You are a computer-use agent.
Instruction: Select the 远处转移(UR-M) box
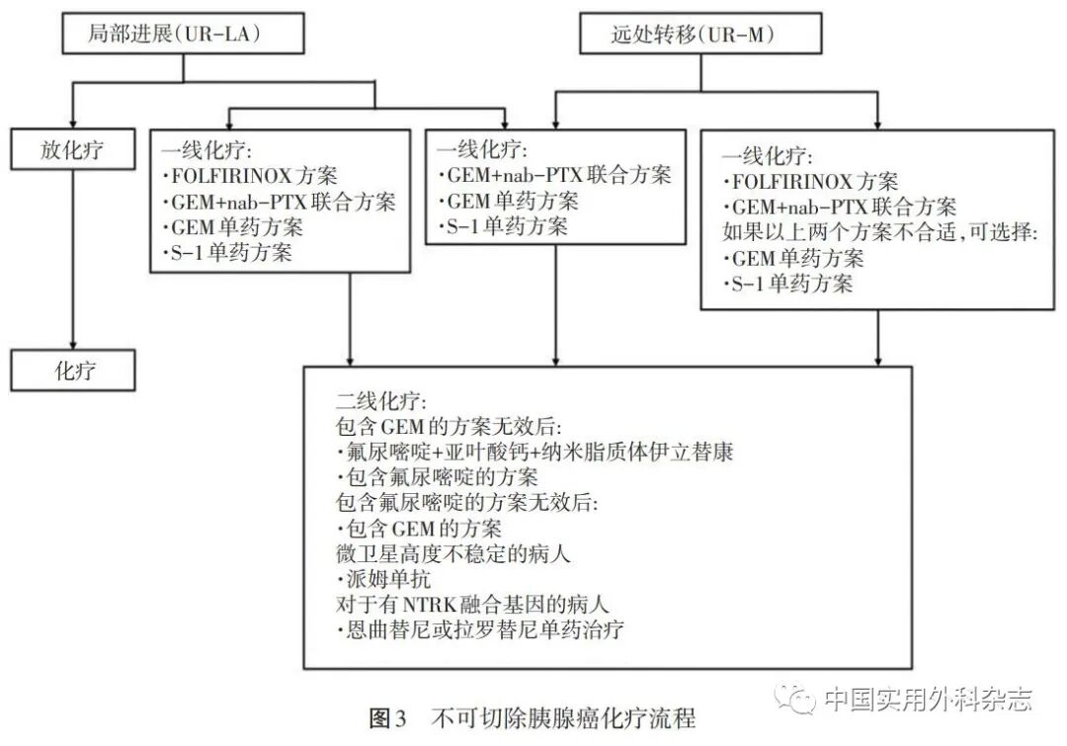tap(691, 35)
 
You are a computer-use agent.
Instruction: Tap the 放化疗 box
tap(72, 150)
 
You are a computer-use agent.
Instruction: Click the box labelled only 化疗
tap(72, 372)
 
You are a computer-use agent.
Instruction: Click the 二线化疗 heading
tap(381, 402)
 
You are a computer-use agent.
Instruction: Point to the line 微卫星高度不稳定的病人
tap(453, 553)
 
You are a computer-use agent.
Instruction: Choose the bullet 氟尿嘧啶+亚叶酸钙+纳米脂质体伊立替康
tap(538, 452)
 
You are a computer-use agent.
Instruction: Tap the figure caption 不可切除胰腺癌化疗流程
tap(562, 718)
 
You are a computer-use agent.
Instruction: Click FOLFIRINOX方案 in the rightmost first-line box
tap(815, 182)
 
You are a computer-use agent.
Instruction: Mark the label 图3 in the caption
tap(387, 718)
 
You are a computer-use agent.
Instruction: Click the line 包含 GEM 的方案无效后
tap(449, 427)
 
